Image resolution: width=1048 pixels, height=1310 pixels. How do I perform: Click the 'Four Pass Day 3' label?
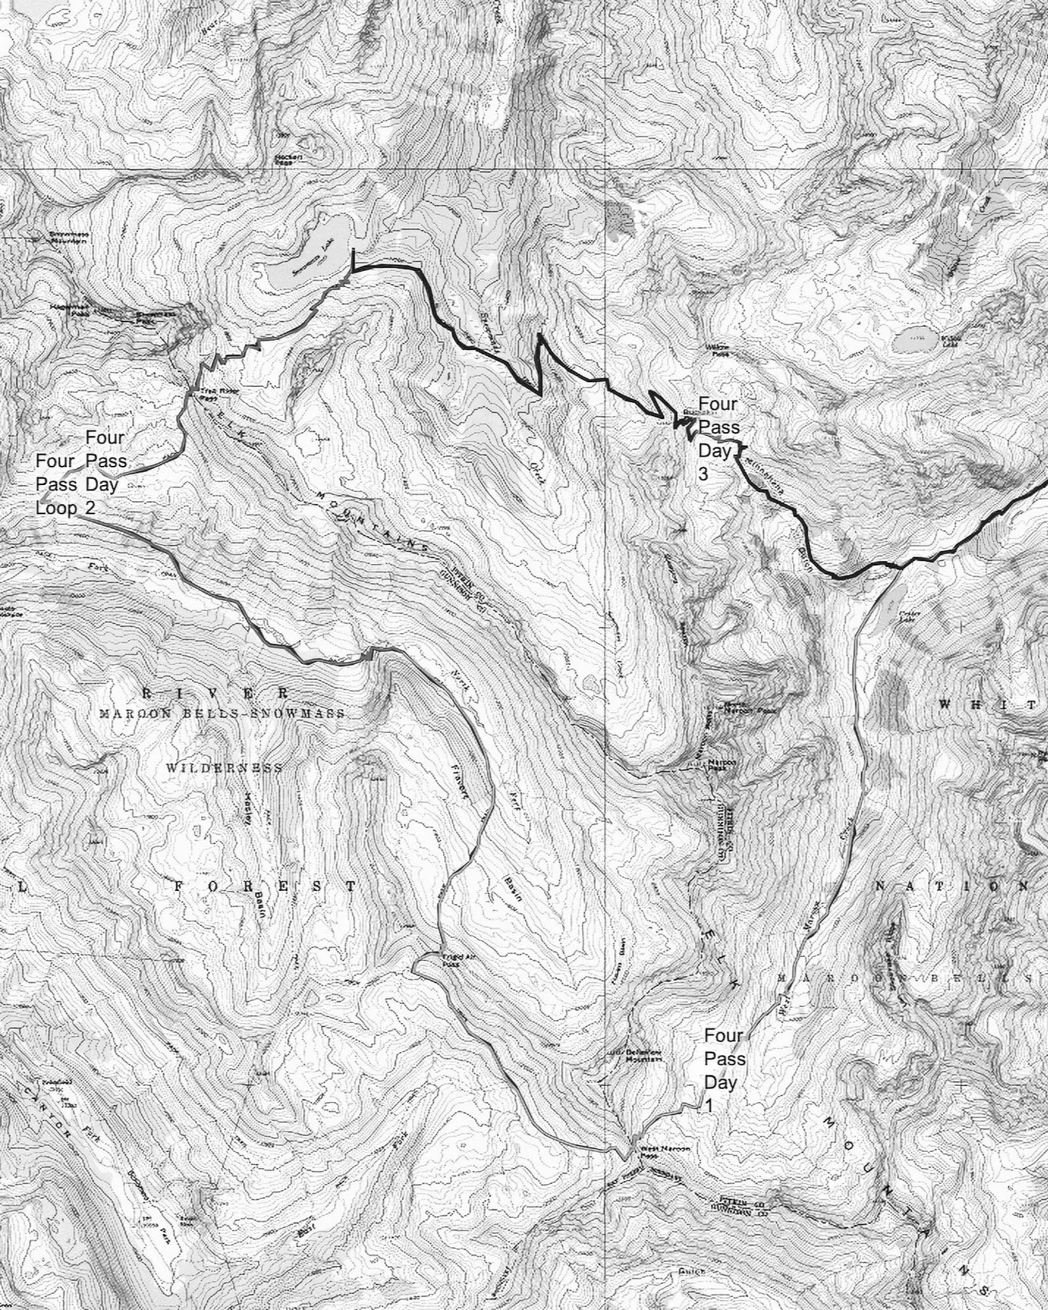pyautogui.click(x=717, y=439)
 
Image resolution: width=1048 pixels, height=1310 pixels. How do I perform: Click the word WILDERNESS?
pyautogui.click(x=224, y=767)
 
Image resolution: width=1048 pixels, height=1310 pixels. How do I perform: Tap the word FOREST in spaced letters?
pyautogui.click(x=265, y=886)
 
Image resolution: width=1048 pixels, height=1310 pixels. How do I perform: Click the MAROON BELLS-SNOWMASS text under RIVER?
pyautogui.click(x=223, y=714)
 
